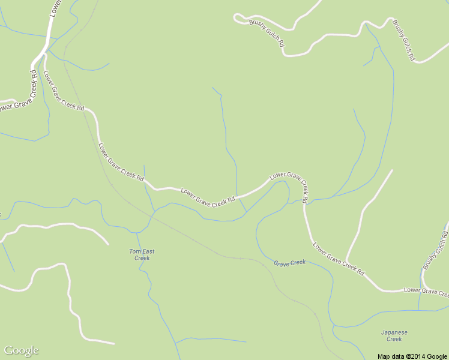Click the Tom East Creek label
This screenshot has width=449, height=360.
coord(142,254)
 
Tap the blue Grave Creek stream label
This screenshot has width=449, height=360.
coord(290,263)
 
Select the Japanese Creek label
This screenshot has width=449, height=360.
coord(394,335)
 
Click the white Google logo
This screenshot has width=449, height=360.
coord(21,350)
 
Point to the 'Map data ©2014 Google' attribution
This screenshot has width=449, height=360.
coord(412,356)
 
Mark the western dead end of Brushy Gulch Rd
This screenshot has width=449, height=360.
coord(235,16)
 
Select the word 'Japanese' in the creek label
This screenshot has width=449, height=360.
coord(394,332)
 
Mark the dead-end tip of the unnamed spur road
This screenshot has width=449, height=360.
coord(392,170)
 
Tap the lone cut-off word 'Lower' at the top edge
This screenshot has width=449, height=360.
coord(54,7)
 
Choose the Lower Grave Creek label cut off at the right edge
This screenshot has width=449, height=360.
coord(427,292)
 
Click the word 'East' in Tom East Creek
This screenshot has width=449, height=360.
coord(147,251)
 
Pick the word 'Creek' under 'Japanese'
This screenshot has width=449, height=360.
coord(394,339)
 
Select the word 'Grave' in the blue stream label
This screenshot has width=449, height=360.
coord(282,263)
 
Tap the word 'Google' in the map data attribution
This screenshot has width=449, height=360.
coord(438,356)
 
